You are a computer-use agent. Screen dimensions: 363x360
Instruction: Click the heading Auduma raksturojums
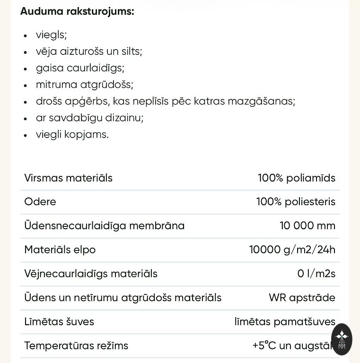point(77,11)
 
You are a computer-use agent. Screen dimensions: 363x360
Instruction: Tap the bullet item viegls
point(51,35)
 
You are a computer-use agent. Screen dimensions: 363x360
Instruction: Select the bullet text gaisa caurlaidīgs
point(80,68)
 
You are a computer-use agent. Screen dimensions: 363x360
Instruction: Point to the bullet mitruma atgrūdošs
point(84,85)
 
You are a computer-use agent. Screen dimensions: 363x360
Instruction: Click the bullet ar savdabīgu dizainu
point(89,118)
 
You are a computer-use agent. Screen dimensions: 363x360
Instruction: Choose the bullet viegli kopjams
point(72,134)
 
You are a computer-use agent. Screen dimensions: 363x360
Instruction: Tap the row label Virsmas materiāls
point(68,178)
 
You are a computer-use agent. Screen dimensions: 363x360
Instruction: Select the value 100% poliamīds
point(296,178)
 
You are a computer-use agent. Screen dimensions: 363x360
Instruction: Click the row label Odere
point(40,202)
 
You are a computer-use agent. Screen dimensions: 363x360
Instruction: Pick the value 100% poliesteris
point(296,202)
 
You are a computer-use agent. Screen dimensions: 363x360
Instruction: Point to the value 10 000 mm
point(307,226)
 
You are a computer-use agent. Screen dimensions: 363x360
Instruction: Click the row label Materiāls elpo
point(60,250)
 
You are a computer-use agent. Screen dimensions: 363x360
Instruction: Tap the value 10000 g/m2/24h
point(292,250)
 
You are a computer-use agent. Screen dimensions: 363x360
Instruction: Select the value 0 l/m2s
point(316,274)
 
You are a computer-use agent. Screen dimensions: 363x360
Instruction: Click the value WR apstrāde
point(302,298)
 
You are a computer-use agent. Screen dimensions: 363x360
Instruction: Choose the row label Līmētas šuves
point(59,322)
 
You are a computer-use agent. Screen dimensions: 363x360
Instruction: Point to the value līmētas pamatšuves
point(285,322)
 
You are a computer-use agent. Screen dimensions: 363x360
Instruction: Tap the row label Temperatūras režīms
point(76,346)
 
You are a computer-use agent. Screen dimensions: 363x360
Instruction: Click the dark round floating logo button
point(342,339)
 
